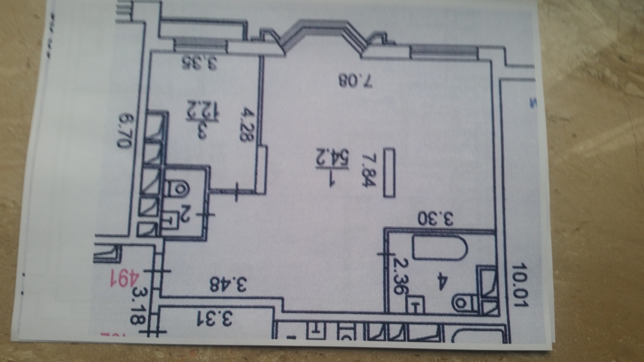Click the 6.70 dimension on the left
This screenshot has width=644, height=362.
pyautogui.click(x=124, y=131)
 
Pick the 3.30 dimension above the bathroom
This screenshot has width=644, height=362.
pyautogui.click(x=436, y=220)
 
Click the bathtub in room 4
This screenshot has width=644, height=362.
pyautogui.click(x=440, y=248)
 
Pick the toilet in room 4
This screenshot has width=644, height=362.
pyautogui.click(x=463, y=303)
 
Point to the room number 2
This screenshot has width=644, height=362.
pyautogui.click(x=185, y=218)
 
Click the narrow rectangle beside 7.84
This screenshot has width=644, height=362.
pyautogui.click(x=389, y=173)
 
